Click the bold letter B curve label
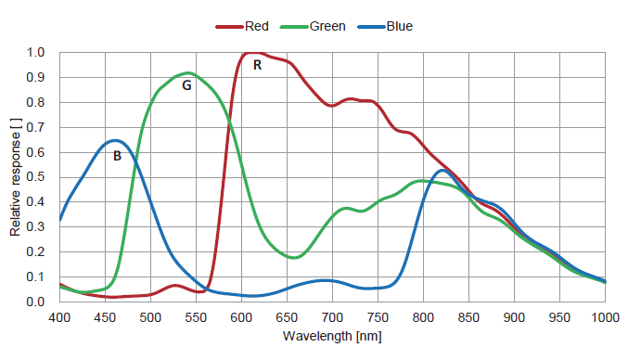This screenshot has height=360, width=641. point(117,156)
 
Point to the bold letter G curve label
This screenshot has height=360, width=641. point(186,84)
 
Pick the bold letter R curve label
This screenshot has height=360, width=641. point(257,65)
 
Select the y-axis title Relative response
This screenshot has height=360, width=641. point(16,176)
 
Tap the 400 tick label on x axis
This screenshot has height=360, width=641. point(59,316)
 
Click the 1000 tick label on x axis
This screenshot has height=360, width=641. point(605,316)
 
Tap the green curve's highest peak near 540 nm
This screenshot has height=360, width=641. point(188,72)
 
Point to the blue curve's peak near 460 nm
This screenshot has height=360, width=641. point(114,140)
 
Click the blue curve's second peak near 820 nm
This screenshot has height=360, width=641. point(442,170)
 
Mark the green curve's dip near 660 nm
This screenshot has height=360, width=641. point(294,257)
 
